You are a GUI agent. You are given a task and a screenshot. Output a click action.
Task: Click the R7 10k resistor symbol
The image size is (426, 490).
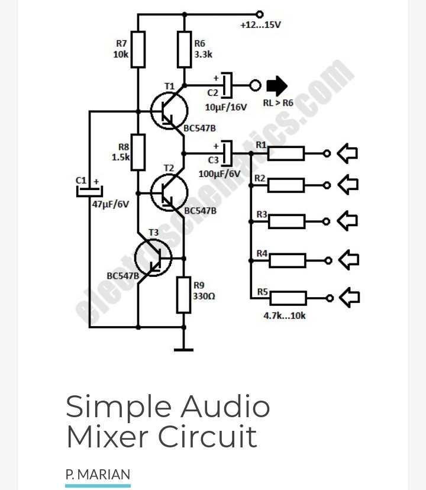[138, 50]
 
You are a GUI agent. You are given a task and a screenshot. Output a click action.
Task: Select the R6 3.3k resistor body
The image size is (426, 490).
[185, 50]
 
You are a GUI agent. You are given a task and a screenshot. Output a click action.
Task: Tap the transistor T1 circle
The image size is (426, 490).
[169, 111]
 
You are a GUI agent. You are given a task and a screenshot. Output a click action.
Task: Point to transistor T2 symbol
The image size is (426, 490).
[169, 192]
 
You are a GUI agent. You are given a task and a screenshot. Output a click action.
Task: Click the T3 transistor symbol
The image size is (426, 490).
[153, 257]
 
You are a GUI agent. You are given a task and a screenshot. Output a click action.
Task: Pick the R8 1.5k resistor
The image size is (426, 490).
[138, 152]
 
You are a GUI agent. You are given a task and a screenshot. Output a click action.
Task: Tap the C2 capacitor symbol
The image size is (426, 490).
[227, 86]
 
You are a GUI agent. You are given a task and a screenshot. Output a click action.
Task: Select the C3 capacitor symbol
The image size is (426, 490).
[227, 153]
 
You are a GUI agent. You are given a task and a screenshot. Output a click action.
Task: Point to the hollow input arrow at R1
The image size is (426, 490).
[348, 153]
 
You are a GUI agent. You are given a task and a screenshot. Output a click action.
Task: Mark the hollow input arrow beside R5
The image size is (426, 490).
[349, 297]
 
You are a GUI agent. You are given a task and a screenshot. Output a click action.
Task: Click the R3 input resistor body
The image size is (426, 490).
[286, 221]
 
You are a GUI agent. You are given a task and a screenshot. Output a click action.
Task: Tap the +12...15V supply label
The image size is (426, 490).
[260, 25]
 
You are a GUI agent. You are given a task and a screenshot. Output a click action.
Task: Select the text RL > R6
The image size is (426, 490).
[278, 103]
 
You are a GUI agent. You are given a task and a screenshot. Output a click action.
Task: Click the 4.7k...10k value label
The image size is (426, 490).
[285, 315]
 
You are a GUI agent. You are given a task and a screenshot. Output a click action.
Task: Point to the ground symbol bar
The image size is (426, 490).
[184, 350]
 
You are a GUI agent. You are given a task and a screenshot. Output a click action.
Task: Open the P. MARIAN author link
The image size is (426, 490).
[98, 475]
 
